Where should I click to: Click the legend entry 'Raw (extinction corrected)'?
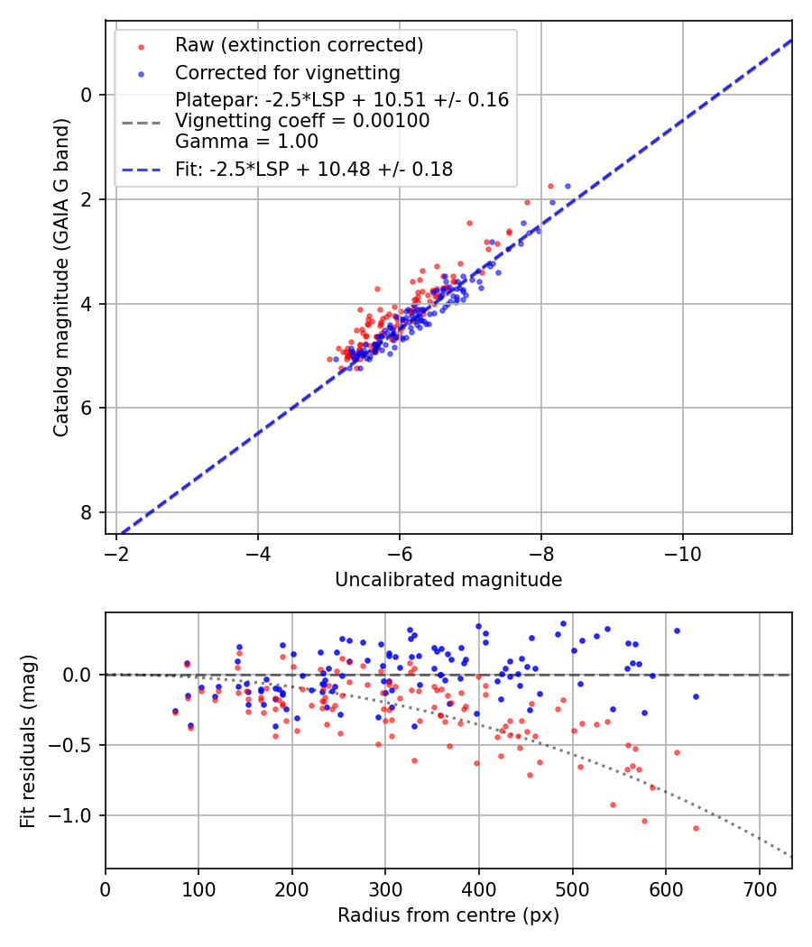(x=299, y=45)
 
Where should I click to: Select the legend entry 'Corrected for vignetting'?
(x=288, y=72)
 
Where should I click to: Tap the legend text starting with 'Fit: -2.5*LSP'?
(x=314, y=169)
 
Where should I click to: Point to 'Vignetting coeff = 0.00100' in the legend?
(x=302, y=121)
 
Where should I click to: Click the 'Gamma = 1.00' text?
(x=246, y=141)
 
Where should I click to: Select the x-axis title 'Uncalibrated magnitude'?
(x=448, y=580)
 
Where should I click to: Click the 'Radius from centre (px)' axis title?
(x=448, y=915)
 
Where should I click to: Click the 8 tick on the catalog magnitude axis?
(x=87, y=512)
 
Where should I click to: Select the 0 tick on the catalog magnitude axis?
(x=87, y=94)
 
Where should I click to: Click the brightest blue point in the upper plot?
(x=567, y=186)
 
